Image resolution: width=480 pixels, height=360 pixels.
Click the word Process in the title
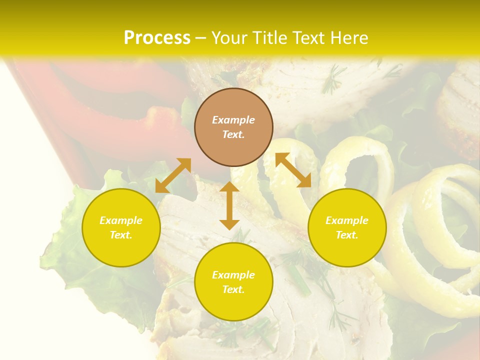tap(157, 38)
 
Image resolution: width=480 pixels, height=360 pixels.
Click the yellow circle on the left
tap(121, 227)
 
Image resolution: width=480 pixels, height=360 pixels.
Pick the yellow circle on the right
tap(347, 227)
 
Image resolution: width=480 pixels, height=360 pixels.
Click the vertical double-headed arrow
tap(229, 205)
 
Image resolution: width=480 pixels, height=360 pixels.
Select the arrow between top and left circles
tap(173, 175)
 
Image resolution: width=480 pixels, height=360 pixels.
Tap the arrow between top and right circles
tap(293, 170)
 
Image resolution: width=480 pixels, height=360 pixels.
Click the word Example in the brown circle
tap(233, 120)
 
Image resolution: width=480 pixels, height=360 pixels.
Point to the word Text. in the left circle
tap(121, 235)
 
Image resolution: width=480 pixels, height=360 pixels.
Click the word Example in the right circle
tap(347, 220)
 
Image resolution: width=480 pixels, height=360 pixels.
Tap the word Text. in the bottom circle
tap(233, 289)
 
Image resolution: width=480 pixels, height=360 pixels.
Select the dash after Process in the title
tap(200, 38)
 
